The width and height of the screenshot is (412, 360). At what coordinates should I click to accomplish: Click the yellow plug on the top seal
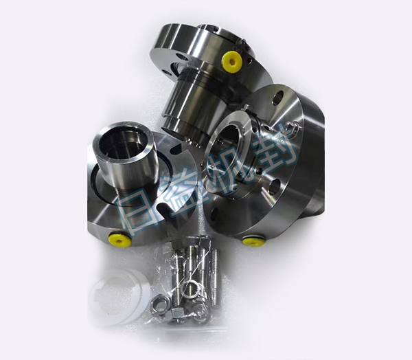[x=231, y=62]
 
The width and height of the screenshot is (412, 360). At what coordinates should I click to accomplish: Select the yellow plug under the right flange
[x=254, y=241]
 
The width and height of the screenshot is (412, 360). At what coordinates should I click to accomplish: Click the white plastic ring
[x=119, y=297]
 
